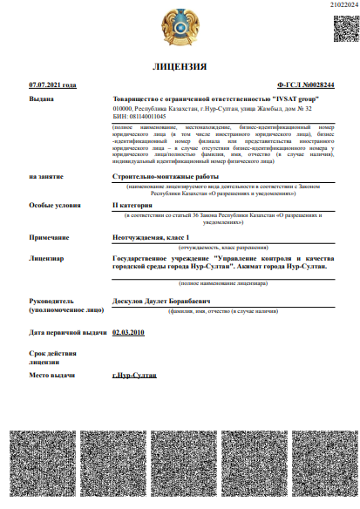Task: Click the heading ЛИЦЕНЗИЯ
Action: pos(180,66)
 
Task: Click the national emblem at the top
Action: pos(180,28)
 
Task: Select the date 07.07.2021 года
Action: pos(52,85)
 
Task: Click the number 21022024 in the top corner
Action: pos(335,5)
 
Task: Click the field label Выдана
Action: pos(43,100)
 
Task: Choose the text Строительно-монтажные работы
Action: pos(160,176)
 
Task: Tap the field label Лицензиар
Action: pos(47,259)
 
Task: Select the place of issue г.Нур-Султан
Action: pos(135,374)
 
